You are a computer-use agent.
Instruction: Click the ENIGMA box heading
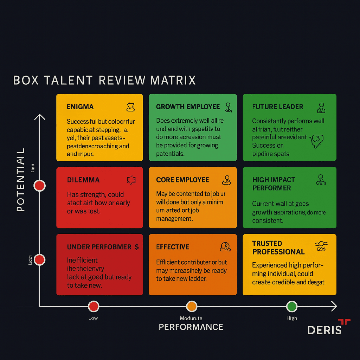[80, 107]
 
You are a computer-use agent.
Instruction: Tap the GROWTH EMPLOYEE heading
[188, 107]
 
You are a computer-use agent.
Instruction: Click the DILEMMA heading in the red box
[83, 180]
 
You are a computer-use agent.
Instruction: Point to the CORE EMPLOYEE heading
[182, 180]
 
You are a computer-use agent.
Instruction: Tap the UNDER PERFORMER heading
[99, 247]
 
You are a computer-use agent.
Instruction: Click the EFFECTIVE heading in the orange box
[173, 247]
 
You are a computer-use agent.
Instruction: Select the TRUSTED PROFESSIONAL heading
[278, 247]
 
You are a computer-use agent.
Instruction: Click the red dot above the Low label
[93, 306]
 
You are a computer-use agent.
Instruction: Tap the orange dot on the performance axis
[191, 306]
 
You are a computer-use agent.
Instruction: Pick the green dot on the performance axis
[291, 306]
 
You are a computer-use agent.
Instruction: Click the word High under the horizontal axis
[291, 318]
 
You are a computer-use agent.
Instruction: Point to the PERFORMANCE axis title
[191, 327]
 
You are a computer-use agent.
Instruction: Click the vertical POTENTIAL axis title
[21, 180]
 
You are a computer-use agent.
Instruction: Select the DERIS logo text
[324, 330]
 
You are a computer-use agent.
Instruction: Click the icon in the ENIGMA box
[130, 107]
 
